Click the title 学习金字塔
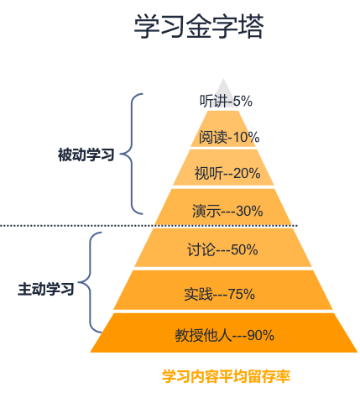pyautogui.click(x=199, y=26)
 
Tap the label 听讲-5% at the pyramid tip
pyautogui.click(x=226, y=101)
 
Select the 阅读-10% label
pyautogui.click(x=229, y=137)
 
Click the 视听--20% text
pyautogui.click(x=227, y=173)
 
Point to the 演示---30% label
pyautogui.click(x=227, y=211)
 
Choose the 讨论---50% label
pyautogui.click(x=222, y=249)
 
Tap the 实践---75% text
pyautogui.click(x=220, y=294)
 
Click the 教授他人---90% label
pyautogui.click(x=225, y=335)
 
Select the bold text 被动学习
pyautogui.click(x=86, y=155)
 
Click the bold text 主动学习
pyautogui.click(x=46, y=289)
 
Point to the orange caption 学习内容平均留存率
pyautogui.click(x=226, y=376)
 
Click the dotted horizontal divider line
pyautogui.click(x=149, y=225)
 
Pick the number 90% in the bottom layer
pyautogui.click(x=261, y=335)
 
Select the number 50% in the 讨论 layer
pyautogui.click(x=244, y=249)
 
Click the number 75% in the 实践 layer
pyautogui.click(x=242, y=294)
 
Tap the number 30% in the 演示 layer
pyautogui.click(x=249, y=211)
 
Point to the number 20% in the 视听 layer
pyautogui.click(x=247, y=173)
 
